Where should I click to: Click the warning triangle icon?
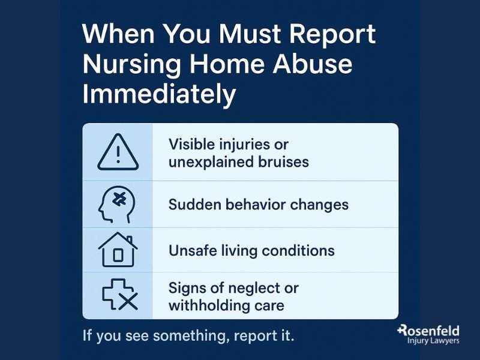click(x=118, y=152)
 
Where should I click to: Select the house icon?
click(x=117, y=250)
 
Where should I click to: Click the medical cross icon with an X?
click(x=118, y=295)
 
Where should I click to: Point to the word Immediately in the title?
click(x=158, y=95)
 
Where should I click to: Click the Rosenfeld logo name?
click(x=430, y=331)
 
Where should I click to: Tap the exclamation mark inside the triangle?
click(x=118, y=155)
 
